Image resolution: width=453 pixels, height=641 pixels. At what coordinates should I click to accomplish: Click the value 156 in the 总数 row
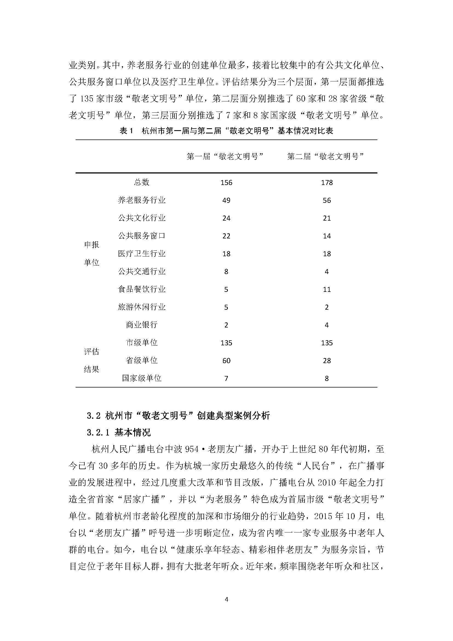226,183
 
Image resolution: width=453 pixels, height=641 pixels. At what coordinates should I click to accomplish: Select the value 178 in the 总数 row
327,183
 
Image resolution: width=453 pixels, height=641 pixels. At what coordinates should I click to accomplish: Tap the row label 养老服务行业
142,200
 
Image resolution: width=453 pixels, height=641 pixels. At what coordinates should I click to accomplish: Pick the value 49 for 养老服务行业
226,200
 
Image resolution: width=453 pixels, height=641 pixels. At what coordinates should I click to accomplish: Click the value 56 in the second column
327,200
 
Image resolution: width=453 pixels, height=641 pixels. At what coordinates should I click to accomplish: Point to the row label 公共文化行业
142,218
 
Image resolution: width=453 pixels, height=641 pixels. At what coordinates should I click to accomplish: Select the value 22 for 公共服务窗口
226,236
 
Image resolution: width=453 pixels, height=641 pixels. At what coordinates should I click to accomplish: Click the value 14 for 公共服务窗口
327,236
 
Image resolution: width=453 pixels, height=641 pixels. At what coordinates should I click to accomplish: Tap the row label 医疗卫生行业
142,253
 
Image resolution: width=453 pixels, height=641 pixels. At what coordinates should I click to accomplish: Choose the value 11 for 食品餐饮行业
327,289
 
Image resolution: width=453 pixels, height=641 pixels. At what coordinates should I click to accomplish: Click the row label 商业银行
142,325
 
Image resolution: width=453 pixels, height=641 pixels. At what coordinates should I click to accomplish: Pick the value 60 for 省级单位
226,361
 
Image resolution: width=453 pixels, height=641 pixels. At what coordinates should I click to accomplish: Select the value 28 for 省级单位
327,361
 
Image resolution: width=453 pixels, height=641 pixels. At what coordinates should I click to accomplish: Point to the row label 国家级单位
142,378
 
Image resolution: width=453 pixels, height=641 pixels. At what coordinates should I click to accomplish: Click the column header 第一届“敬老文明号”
225,157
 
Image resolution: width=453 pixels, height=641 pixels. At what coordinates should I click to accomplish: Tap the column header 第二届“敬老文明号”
326,157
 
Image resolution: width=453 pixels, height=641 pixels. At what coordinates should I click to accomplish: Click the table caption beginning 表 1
226,131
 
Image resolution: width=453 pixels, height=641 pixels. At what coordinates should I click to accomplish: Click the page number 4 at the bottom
226,599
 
